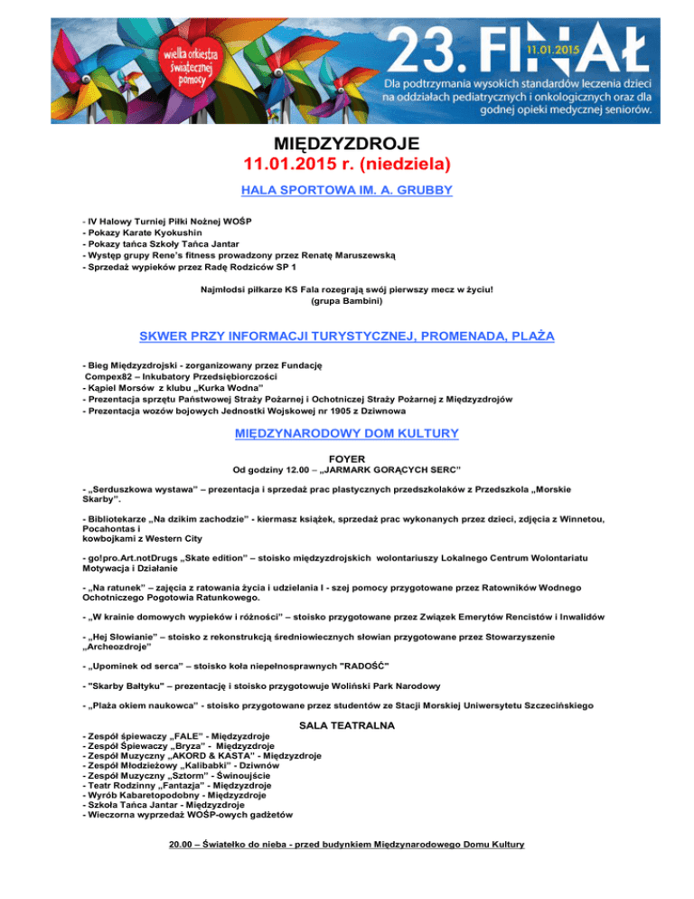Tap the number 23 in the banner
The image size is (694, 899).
click(x=423, y=49)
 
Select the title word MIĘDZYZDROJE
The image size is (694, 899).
click(x=347, y=145)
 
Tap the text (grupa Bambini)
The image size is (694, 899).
click(x=347, y=301)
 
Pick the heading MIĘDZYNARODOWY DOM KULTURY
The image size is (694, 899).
click(x=347, y=434)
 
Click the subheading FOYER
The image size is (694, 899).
click(x=347, y=459)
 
